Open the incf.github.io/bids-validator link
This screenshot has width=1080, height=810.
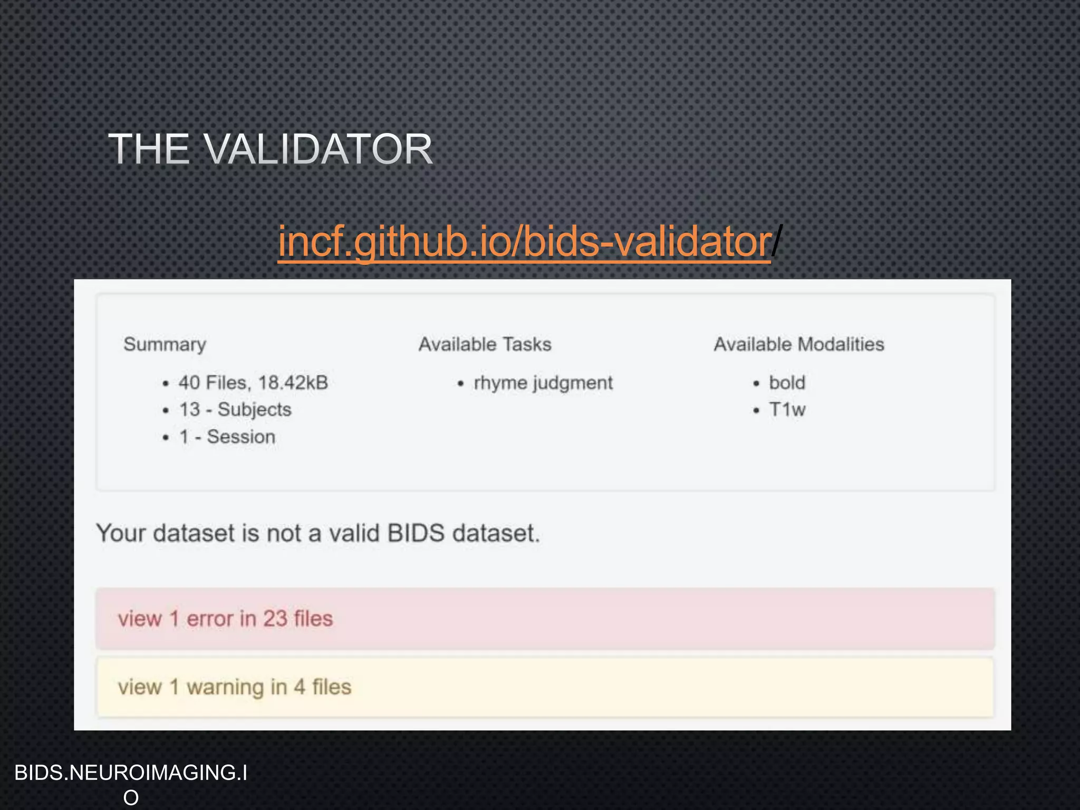[x=524, y=241]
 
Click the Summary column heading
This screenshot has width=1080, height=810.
[x=165, y=344]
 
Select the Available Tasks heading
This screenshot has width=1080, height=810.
[x=485, y=344]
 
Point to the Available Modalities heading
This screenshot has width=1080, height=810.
[x=798, y=344]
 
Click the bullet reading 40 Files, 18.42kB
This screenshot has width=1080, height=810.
[x=253, y=382]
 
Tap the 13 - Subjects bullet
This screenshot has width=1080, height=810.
[x=235, y=409]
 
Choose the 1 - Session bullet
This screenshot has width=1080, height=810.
[x=227, y=437]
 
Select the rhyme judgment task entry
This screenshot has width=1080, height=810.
[x=543, y=383]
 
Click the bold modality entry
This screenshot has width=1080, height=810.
[x=787, y=382]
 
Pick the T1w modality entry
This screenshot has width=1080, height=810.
[x=787, y=409]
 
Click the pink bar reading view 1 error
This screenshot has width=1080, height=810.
[x=545, y=619]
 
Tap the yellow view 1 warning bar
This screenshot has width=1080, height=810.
[x=545, y=687]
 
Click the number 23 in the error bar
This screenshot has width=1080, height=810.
[x=275, y=619]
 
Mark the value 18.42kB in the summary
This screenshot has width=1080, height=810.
[x=293, y=382]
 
